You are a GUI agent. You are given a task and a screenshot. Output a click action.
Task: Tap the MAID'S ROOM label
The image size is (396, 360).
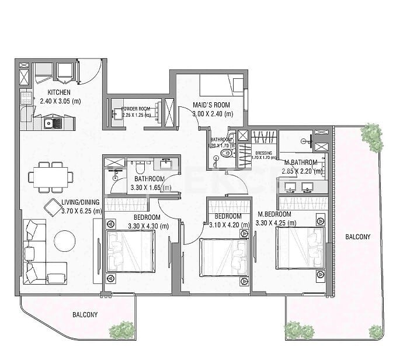coord(213,106)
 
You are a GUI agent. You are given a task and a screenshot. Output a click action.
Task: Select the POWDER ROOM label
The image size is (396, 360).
coord(136,109)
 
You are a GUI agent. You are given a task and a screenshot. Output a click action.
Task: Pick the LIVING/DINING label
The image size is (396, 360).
coord(81,203)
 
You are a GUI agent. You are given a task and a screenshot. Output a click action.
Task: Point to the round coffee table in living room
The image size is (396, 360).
coord(64,240)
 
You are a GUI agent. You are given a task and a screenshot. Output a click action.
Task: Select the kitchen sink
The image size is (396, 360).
coord(52,123)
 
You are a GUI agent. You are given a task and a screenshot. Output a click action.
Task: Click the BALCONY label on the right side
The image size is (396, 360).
coord(357,237)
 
